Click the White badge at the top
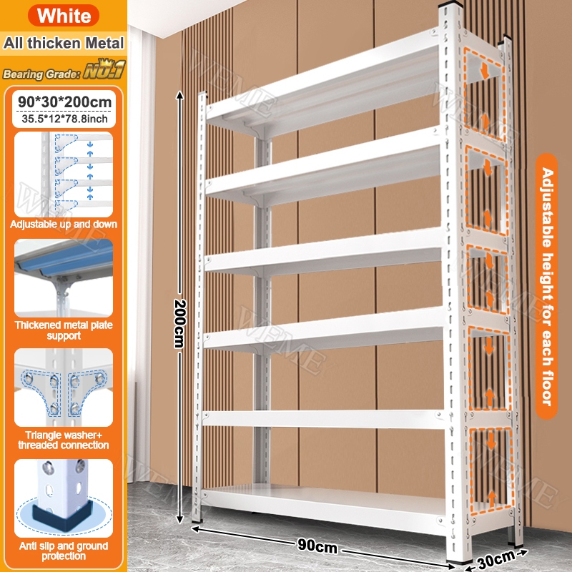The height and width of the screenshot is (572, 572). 64,15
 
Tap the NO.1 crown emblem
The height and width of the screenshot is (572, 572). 104,69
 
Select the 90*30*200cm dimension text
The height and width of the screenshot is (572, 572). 64,102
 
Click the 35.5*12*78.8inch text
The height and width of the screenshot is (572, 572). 64,119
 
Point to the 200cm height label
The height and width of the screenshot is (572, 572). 180,323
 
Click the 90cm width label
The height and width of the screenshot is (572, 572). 317,546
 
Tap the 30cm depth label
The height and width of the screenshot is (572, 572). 496,560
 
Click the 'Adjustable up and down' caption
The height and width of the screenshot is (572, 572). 64,224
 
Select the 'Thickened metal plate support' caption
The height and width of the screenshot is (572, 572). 64,330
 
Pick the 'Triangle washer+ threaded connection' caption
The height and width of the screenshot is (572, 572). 64,440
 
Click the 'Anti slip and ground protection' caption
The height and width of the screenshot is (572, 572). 64,551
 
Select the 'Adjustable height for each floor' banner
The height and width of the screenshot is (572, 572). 546,287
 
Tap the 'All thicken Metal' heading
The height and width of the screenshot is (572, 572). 64,43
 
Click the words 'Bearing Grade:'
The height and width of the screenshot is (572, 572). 41,74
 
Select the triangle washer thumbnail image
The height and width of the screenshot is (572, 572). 64,388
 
